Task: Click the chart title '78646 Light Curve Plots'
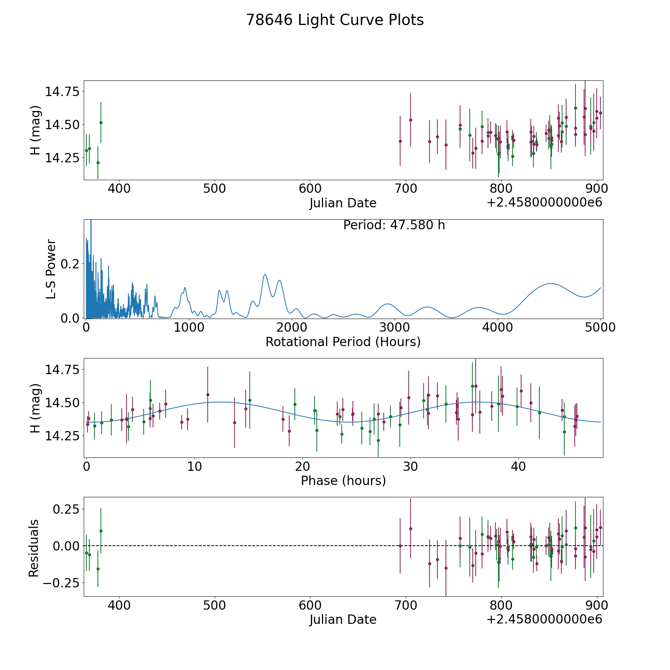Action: (335, 20)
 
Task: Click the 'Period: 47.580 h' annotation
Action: (394, 225)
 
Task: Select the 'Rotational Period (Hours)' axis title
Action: (343, 342)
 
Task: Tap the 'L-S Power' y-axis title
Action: (51, 269)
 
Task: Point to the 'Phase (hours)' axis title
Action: (343, 481)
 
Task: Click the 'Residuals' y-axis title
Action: (34, 548)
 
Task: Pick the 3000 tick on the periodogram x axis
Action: (394, 328)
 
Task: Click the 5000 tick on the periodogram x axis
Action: (600, 328)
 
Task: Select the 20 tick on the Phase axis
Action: (302, 466)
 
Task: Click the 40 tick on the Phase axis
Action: (518, 466)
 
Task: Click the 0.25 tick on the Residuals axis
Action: (66, 509)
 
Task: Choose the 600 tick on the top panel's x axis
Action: (310, 189)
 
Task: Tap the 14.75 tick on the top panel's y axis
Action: (62, 92)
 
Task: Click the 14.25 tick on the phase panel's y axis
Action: (62, 436)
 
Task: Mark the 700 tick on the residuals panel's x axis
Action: (406, 606)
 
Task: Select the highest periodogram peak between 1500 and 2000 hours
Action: (265, 274)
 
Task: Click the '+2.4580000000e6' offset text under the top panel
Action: (544, 203)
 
